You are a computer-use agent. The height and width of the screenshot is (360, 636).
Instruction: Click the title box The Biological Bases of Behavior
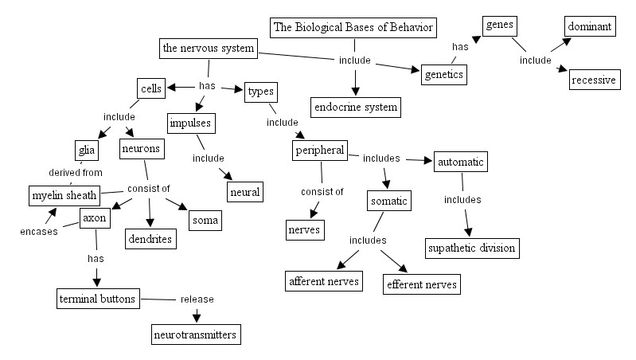pyautogui.click(x=354, y=28)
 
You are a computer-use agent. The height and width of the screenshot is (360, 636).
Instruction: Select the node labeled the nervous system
pyautogui.click(x=208, y=49)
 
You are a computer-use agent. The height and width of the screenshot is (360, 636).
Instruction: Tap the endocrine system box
pyautogui.click(x=354, y=106)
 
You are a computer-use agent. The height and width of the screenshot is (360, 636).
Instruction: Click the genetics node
pyautogui.click(x=443, y=74)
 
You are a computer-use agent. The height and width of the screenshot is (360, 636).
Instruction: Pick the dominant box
pyautogui.click(x=589, y=26)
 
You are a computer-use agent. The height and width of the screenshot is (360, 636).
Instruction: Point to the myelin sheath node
pyautogui.click(x=64, y=195)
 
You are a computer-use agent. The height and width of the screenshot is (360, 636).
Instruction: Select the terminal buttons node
pyautogui.click(x=97, y=299)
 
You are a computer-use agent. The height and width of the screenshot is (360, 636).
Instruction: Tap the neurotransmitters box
pyautogui.click(x=195, y=335)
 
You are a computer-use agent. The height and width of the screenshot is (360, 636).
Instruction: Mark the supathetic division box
pyautogui.click(x=471, y=248)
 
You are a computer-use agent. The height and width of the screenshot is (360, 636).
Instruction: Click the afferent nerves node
pyautogui.click(x=324, y=280)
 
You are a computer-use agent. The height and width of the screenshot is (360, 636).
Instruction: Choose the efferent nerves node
pyautogui.click(x=422, y=283)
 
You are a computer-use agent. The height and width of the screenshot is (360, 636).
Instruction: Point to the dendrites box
pyautogui.click(x=150, y=237)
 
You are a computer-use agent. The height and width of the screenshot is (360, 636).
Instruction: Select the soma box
pyautogui.click(x=205, y=219)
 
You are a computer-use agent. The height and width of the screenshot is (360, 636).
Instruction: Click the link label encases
pyautogui.click(x=37, y=231)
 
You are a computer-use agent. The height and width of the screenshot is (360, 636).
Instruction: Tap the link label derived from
pyautogui.click(x=76, y=172)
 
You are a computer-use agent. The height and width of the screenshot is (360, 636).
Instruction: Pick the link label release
pyautogui.click(x=197, y=299)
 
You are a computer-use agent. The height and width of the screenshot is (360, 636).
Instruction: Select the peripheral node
pyautogui.click(x=319, y=150)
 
